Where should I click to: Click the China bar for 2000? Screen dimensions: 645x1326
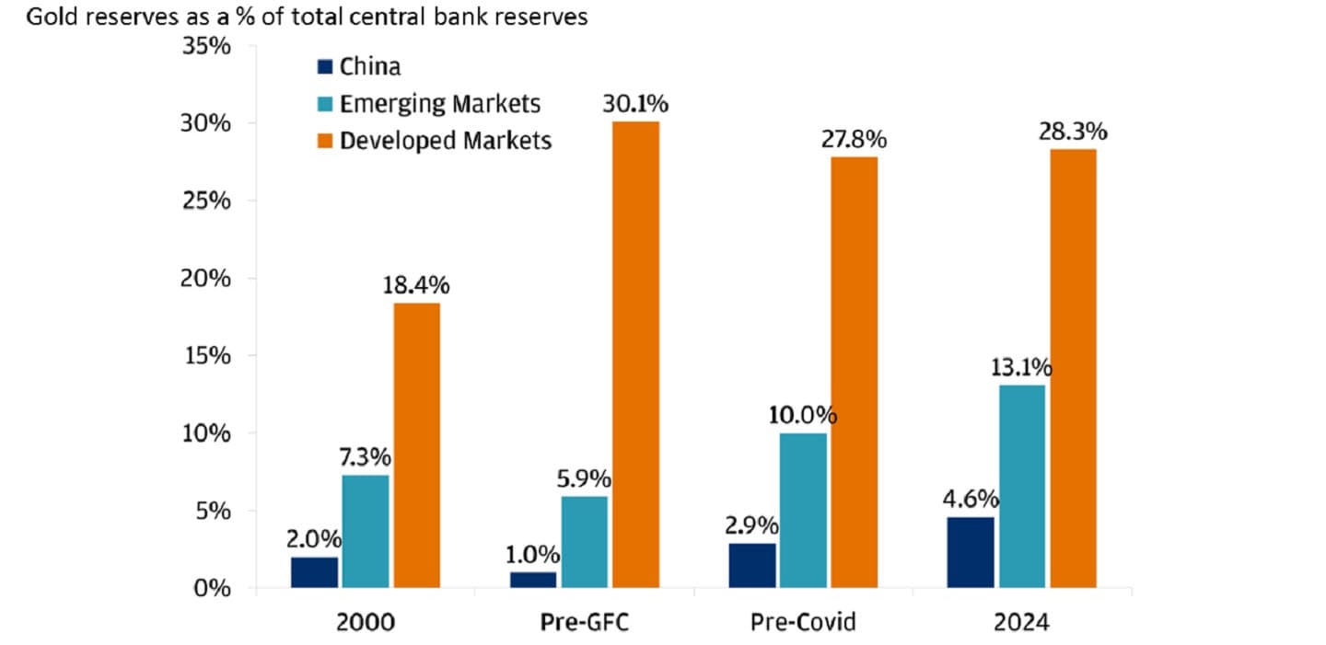pyautogui.click(x=314, y=571)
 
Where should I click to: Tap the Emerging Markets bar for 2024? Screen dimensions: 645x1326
pyautogui.click(x=1022, y=486)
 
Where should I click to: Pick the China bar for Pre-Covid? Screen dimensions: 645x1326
pyautogui.click(x=752, y=565)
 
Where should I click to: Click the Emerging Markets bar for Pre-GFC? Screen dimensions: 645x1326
pyautogui.click(x=585, y=541)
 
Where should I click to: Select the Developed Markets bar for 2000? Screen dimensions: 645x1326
pyautogui.click(x=416, y=444)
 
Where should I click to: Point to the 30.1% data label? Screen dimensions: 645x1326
pyautogui.click(x=636, y=104)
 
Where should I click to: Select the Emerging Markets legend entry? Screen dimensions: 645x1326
pyautogui.click(x=439, y=103)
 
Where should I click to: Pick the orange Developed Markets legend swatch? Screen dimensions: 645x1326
pyautogui.click(x=323, y=141)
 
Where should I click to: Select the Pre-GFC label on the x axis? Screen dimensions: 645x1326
pyautogui.click(x=585, y=623)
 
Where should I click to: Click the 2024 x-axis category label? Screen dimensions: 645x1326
pyautogui.click(x=1022, y=623)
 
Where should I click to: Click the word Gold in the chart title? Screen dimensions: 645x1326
pyautogui.click(x=49, y=17)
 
